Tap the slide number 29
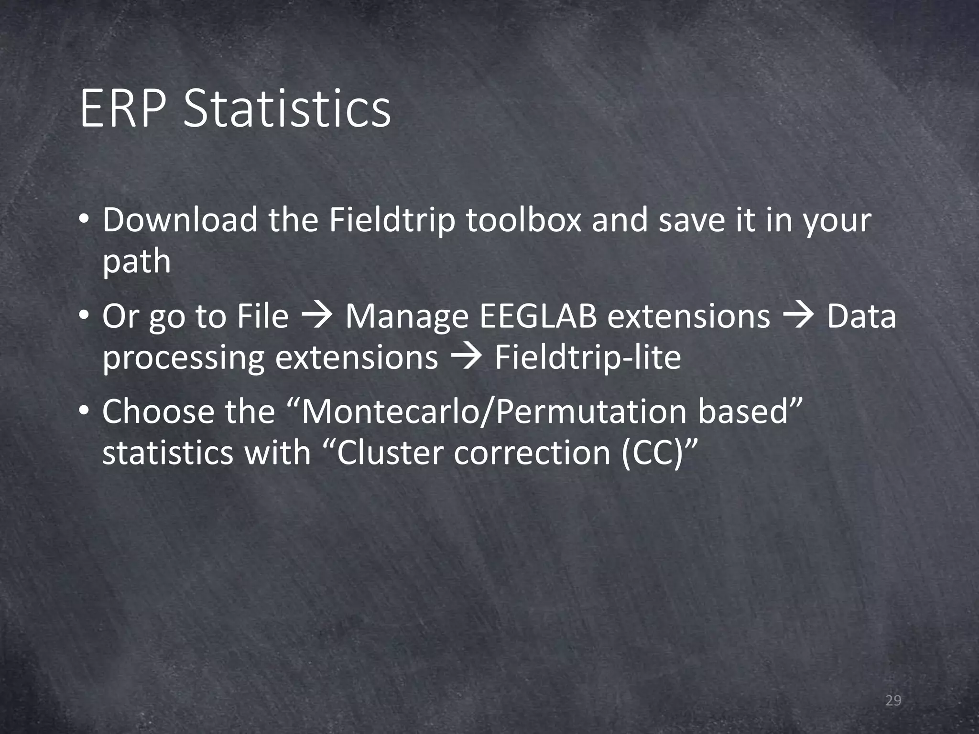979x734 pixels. point(893,701)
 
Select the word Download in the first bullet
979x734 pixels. point(180,220)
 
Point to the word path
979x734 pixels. point(136,262)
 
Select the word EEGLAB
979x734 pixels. point(538,317)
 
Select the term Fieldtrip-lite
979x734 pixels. point(587,357)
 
